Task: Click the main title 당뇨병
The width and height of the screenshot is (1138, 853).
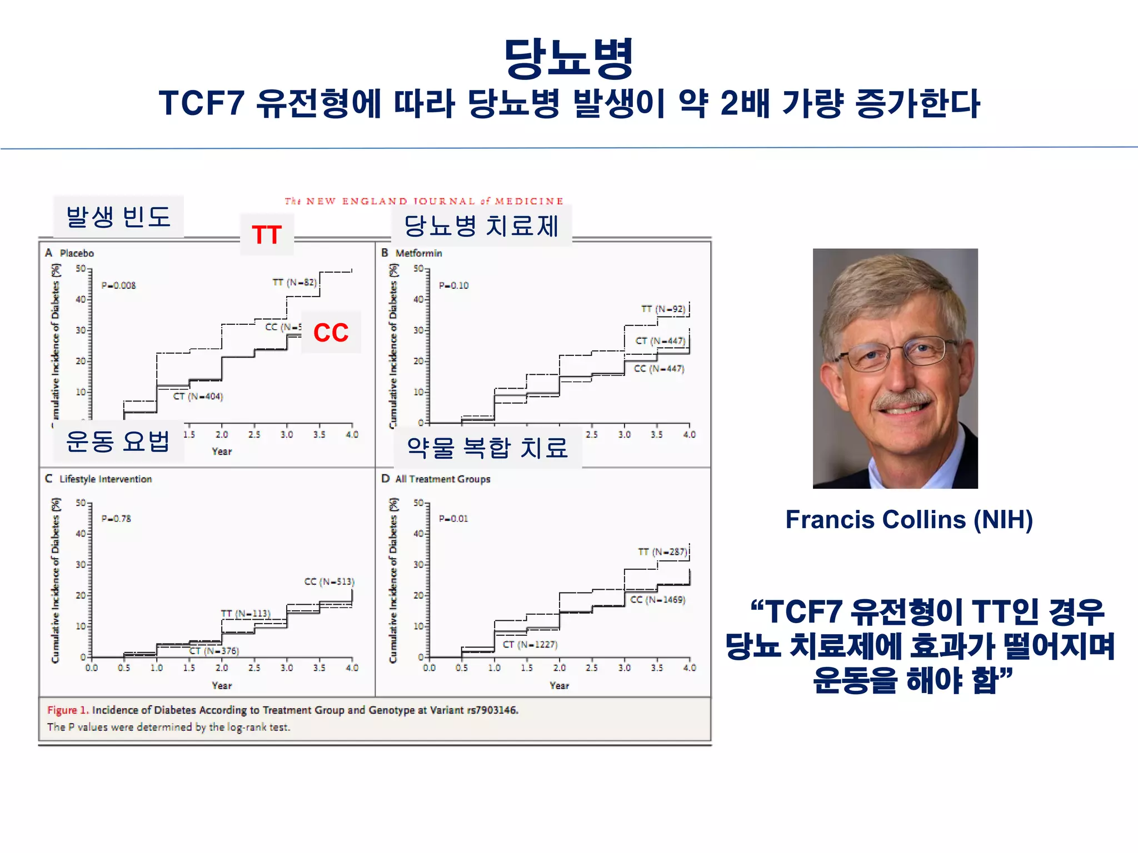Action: click(x=568, y=58)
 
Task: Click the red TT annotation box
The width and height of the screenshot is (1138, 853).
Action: click(x=267, y=235)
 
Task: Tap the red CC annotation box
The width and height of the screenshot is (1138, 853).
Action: click(x=331, y=333)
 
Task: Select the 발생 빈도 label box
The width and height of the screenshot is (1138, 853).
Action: click(x=118, y=217)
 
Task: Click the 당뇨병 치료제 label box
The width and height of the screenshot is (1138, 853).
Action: click(x=481, y=225)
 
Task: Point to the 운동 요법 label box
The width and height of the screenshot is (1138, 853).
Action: click(x=118, y=441)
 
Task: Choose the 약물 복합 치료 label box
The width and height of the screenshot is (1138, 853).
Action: click(x=487, y=448)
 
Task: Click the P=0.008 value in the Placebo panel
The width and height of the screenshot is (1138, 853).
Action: click(x=118, y=285)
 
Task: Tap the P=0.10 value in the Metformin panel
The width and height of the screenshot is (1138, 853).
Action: click(x=453, y=285)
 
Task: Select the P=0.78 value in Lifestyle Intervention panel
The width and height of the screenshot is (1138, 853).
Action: click(x=116, y=519)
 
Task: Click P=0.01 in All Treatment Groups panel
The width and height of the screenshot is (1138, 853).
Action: click(x=453, y=519)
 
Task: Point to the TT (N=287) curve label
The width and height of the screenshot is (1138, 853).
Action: click(x=663, y=551)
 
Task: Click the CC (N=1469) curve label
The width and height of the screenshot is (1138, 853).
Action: click(x=658, y=600)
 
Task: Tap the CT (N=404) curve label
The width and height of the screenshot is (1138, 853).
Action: click(x=198, y=397)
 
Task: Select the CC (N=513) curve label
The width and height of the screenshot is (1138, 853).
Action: click(x=329, y=581)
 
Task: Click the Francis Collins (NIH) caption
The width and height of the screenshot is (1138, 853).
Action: click(x=909, y=520)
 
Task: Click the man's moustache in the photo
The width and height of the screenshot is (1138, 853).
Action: click(x=904, y=399)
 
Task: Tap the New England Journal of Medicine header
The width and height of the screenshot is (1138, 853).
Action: click(x=424, y=201)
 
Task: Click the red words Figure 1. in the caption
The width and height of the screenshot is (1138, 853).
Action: click(x=68, y=710)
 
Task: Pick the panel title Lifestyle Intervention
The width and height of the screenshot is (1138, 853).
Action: click(x=106, y=479)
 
